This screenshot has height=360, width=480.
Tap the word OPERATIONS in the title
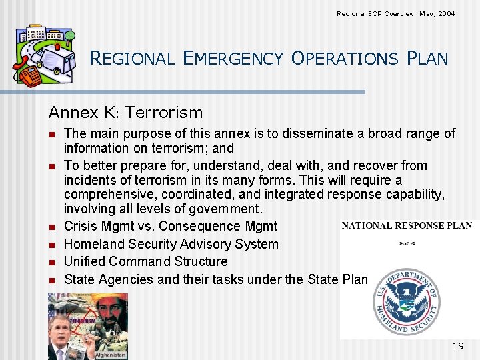coord(345,59)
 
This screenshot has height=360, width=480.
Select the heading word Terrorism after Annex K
coord(163,113)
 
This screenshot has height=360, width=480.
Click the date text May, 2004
coord(437,13)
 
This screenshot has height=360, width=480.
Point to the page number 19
coord(457,345)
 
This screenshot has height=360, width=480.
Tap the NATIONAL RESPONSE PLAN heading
coord(406,225)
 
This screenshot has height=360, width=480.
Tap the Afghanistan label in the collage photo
coord(111,355)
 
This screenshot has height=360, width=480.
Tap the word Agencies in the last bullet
coord(124,279)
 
